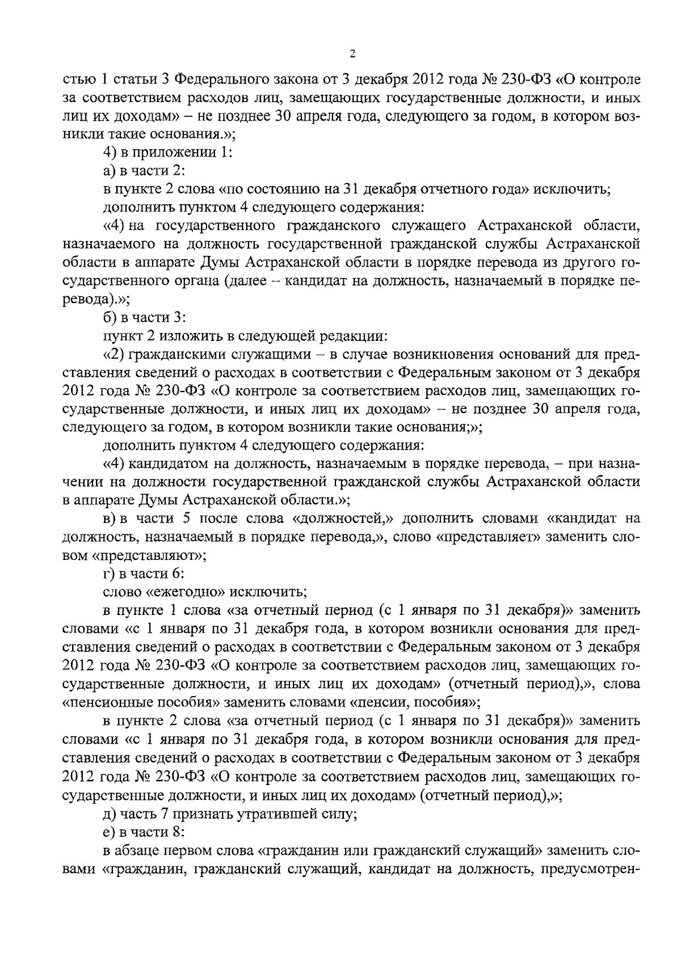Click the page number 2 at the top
pyautogui.click(x=352, y=54)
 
